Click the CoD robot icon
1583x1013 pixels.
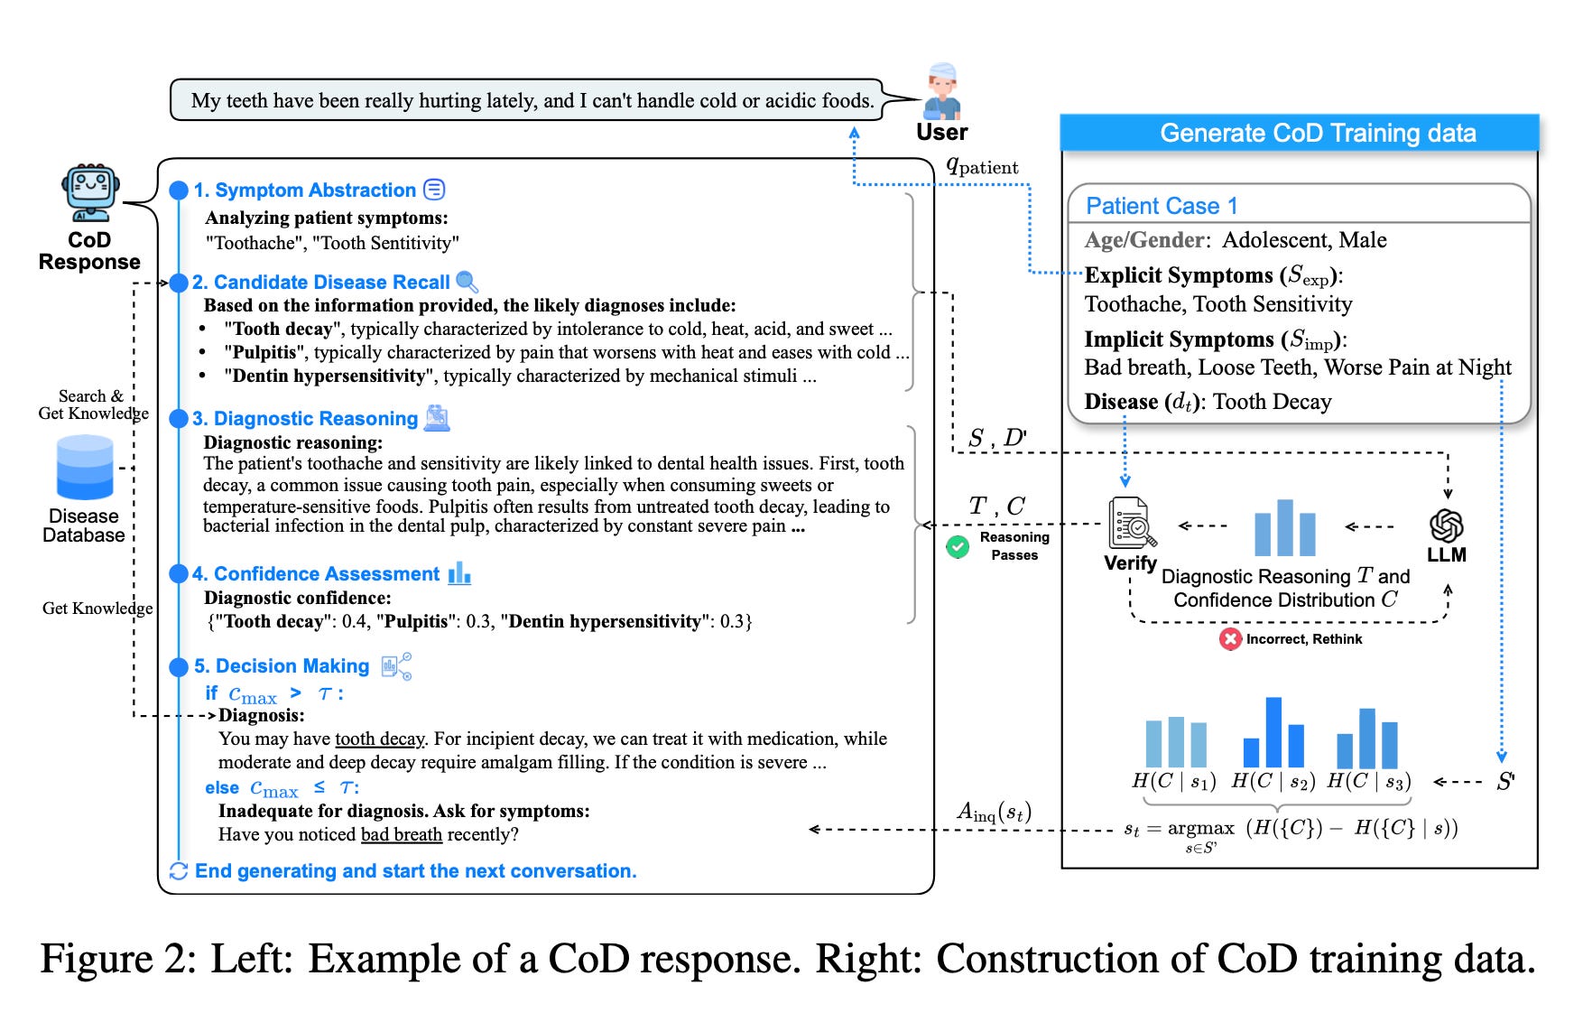click(x=90, y=192)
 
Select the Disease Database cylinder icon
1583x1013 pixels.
click(x=85, y=467)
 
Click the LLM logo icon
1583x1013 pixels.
click(x=1447, y=525)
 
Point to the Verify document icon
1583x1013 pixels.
click(x=1132, y=524)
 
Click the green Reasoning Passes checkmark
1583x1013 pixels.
click(x=958, y=546)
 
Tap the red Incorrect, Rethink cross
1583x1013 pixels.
click(x=1230, y=639)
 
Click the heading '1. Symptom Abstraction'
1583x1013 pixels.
click(x=305, y=191)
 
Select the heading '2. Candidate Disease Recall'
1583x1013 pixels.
click(x=321, y=283)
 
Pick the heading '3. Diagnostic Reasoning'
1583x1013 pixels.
click(x=305, y=419)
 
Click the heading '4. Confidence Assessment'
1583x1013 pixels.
click(x=316, y=574)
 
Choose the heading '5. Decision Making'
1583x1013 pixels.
click(x=282, y=666)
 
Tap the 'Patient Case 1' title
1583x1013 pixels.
click(x=1162, y=206)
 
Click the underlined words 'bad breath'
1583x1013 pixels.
click(x=402, y=834)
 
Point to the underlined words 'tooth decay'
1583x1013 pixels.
click(x=379, y=739)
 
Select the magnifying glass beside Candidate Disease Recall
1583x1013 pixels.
click(x=467, y=282)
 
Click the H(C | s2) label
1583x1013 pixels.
click(x=1273, y=782)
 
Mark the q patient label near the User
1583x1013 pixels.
click(x=982, y=166)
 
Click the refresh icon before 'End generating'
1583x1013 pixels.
click(x=179, y=871)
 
